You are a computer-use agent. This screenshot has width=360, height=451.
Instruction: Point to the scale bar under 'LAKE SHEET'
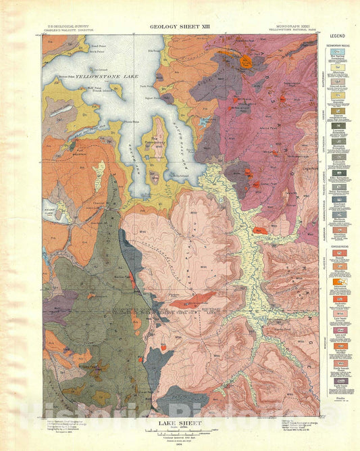click(180, 430)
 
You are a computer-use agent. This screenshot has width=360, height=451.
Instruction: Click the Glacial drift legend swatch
click(336, 80)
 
